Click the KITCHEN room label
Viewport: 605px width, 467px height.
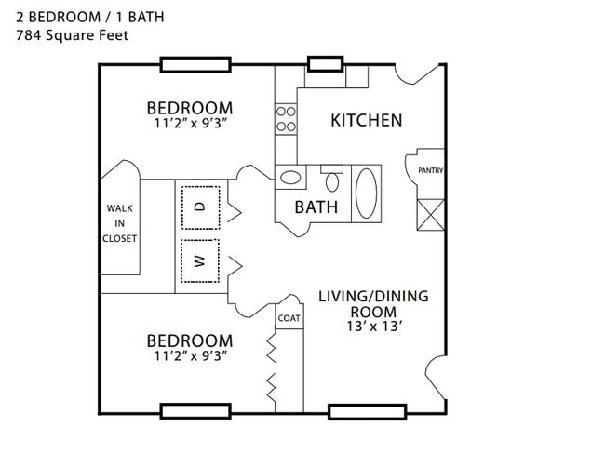point(367,120)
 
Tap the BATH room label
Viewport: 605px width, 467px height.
point(316,207)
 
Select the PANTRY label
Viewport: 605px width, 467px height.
point(430,170)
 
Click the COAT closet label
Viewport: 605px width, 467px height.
point(289,317)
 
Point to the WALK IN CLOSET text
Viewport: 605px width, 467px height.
point(121,223)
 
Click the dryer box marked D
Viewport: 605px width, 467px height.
point(199,207)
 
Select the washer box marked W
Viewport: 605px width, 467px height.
point(199,260)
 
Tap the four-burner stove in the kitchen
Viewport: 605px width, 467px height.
point(286,118)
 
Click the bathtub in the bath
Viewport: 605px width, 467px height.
point(366,193)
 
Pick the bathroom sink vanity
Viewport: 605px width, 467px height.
point(290,177)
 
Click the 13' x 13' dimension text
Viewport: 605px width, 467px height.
point(372,327)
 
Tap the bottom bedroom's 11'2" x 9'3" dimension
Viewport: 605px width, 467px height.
point(189,354)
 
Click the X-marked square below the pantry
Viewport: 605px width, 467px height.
point(430,215)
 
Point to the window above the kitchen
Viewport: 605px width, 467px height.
point(325,64)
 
